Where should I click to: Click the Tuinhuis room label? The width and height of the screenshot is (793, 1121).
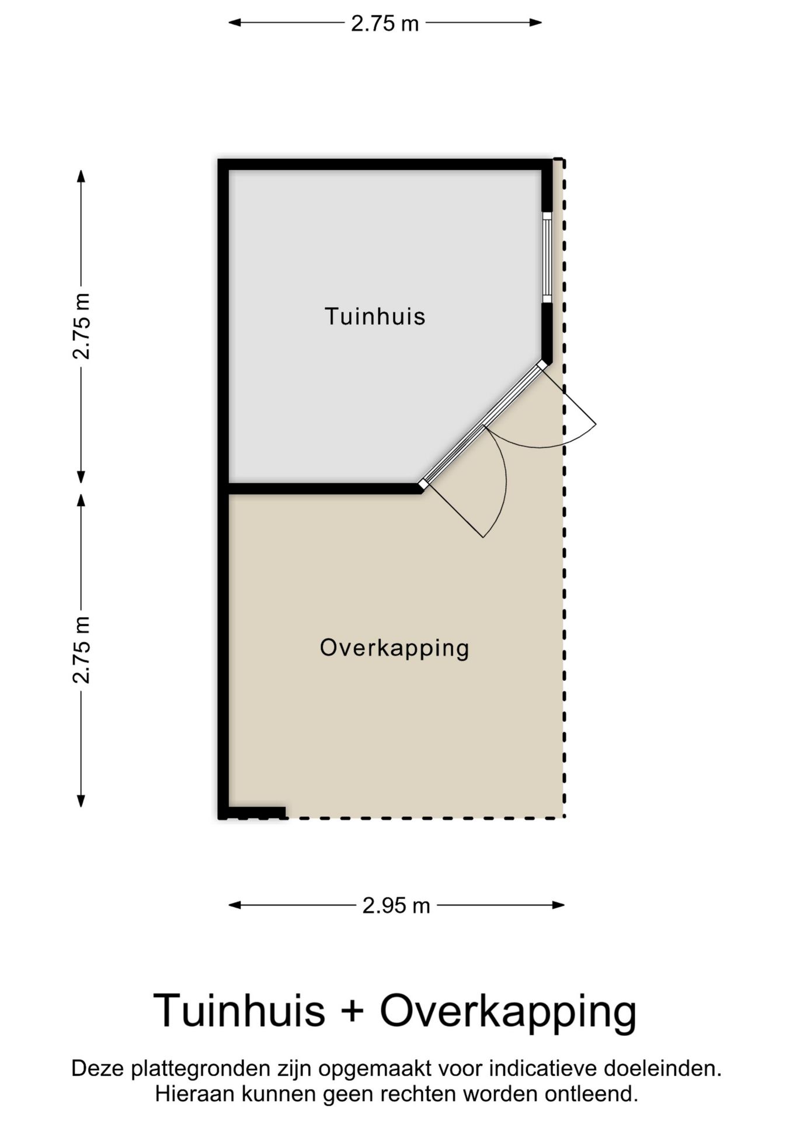coord(375,316)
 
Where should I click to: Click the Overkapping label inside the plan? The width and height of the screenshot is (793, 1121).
coord(394,648)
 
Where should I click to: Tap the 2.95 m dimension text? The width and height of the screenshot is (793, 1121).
coord(396,906)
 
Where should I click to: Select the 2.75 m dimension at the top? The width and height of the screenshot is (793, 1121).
coord(385,23)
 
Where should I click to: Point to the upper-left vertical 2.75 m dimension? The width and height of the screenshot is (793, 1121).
coord(81,326)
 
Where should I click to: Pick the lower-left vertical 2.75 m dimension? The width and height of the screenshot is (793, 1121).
coord(81,650)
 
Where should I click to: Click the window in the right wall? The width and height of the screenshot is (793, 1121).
coord(547,257)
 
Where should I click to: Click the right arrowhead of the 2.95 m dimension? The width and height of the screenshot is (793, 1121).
coord(560,906)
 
